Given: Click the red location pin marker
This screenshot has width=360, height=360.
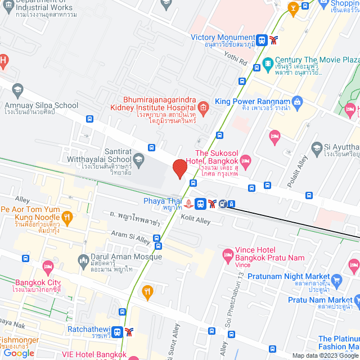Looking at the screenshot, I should [179, 169].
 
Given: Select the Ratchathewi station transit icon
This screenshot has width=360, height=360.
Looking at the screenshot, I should [117, 332].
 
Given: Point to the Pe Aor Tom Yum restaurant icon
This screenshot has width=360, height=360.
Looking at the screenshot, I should [67, 217].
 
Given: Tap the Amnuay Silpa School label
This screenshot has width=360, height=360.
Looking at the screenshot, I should [41, 105].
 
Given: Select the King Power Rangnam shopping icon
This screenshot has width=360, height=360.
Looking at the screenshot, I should [298, 101].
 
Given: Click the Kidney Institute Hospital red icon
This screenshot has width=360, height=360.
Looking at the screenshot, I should [203, 107].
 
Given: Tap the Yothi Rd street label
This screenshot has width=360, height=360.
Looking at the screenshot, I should [235, 58].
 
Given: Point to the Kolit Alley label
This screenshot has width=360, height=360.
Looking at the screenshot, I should [195, 220].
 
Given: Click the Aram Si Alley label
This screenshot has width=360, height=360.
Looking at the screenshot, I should [130, 236].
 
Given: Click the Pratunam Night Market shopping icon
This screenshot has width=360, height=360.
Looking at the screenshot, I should [337, 280].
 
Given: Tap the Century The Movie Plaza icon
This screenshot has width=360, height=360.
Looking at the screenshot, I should [267, 61].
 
